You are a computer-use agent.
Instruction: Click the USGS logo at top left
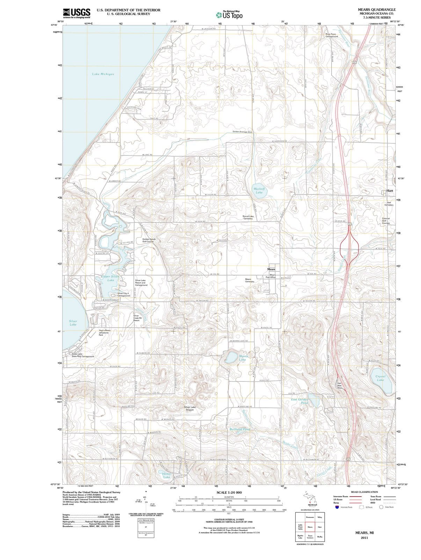[x=77, y=13]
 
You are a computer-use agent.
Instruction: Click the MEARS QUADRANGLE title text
[x=377, y=10]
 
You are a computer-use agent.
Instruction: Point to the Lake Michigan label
[x=103, y=74]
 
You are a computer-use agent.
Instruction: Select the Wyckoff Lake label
[x=259, y=190]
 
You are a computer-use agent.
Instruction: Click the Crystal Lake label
[x=380, y=378]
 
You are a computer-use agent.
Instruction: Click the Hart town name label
[x=390, y=191]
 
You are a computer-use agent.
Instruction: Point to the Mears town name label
[x=271, y=269]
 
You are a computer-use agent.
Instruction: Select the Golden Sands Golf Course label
[x=149, y=240]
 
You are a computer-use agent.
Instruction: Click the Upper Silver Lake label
[x=110, y=278]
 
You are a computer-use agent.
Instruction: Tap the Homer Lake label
[x=167, y=475]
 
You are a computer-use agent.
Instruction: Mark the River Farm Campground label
[x=332, y=35]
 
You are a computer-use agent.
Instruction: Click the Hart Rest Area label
[x=339, y=385]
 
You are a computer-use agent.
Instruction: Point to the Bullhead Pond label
[x=240, y=429]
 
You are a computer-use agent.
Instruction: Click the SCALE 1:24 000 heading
[x=229, y=492]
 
